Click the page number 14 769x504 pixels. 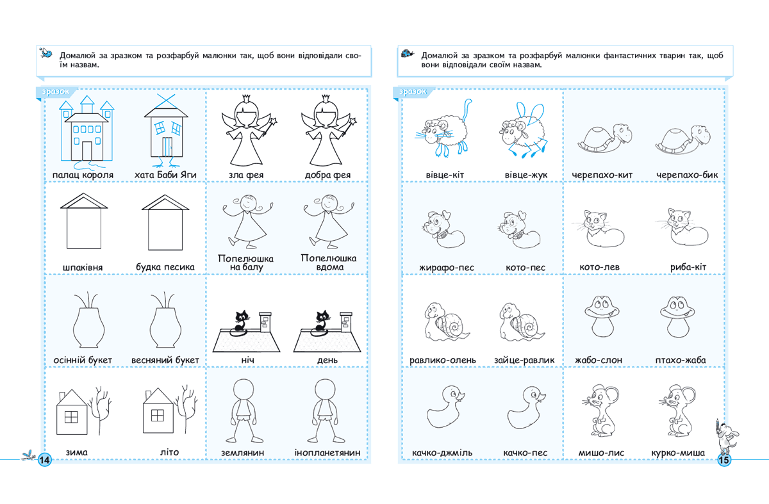tap(45, 460)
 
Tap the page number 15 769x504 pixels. tap(724, 460)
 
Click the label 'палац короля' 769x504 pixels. tap(84, 175)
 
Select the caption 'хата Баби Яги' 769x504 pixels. tap(165, 175)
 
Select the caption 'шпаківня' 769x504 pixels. tap(83, 267)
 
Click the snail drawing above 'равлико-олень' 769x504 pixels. tap(444, 320)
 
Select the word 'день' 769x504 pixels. tap(327, 361)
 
